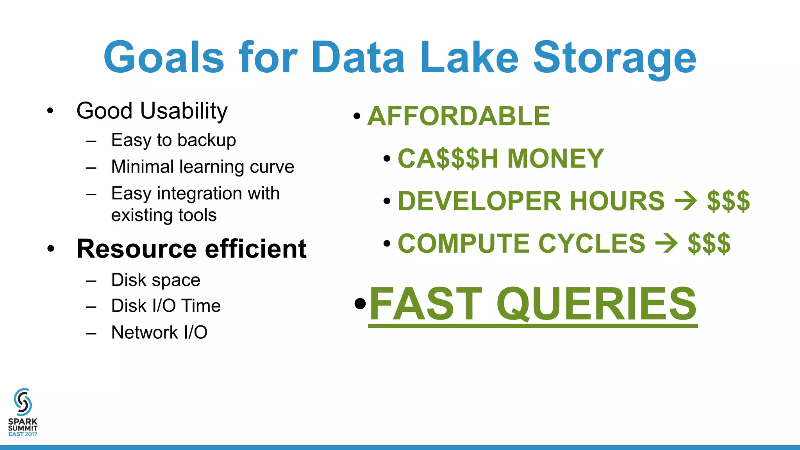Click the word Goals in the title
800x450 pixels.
pos(164,58)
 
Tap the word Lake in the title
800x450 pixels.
pos(469,58)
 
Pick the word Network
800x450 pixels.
pos(145,332)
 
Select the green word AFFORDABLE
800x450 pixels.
pos(459,116)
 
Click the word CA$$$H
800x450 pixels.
pos(448,159)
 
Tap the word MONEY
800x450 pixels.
pos(555,159)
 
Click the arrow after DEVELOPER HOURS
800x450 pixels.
pos(686,201)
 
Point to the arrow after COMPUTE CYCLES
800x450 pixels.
pos(666,243)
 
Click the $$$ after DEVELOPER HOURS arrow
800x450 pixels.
pos(728,201)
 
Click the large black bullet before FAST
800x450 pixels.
pos(360,303)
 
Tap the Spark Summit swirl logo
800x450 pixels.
pos(23,402)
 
